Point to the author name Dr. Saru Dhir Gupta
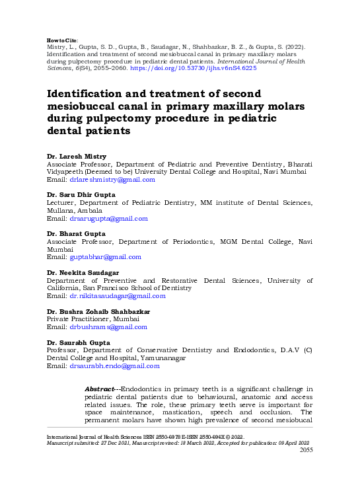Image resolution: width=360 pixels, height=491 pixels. point(81,195)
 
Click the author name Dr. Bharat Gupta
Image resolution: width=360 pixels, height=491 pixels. point(73,234)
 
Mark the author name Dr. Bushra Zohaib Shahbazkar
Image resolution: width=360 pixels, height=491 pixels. point(98,311)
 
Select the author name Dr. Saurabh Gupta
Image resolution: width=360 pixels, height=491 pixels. point(75,342)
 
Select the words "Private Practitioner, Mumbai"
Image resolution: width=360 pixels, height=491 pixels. point(86,319)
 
